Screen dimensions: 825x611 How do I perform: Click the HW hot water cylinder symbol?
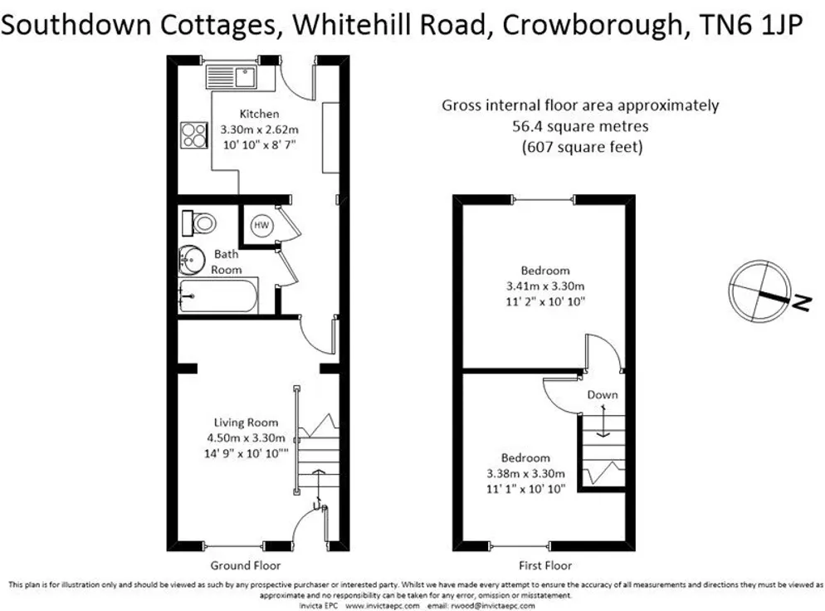261,225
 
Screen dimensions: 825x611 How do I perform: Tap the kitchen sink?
231,77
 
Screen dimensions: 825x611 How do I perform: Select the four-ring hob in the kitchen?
193,134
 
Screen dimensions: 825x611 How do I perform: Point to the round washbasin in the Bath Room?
192,260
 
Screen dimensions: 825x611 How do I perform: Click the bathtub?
217,296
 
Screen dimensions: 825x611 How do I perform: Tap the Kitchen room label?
260,114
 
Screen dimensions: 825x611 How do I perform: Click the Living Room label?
246,422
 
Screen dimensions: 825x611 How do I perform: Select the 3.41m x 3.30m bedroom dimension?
545,286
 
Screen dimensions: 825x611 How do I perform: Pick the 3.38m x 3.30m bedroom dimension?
525,474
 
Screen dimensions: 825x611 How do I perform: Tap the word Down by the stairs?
603,394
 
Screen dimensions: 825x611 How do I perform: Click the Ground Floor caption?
246,565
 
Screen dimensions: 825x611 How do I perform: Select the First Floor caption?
545,565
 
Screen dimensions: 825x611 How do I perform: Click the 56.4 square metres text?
580,126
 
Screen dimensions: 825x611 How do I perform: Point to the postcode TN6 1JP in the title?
751,24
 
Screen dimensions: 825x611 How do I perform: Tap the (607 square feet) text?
582,146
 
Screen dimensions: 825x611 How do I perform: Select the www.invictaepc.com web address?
383,606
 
